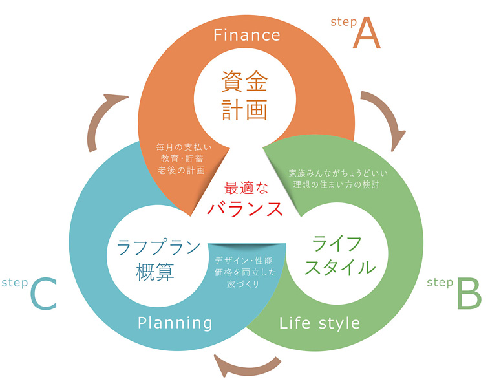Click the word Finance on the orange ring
pyautogui.click(x=247, y=34)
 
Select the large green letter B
pyautogui.click(x=469, y=294)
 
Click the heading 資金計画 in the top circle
pyautogui.click(x=244, y=96)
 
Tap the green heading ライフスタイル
pyautogui.click(x=335, y=255)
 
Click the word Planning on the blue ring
pyautogui.click(x=175, y=322)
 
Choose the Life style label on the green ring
pyautogui.click(x=320, y=322)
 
